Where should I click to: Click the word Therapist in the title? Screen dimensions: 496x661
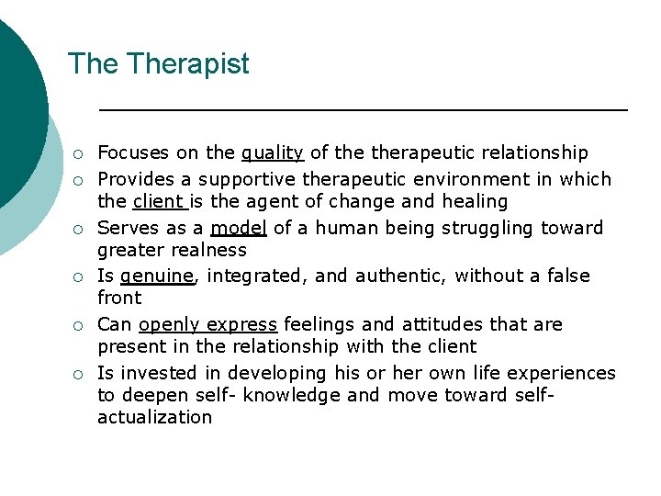[x=188, y=64]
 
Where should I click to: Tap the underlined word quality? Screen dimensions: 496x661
[x=272, y=153]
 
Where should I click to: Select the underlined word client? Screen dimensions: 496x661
[x=160, y=202]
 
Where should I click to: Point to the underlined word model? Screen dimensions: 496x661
[x=239, y=228]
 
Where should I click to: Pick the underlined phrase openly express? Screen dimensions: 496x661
[x=208, y=325]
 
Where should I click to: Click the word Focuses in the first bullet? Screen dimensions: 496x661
[x=130, y=153]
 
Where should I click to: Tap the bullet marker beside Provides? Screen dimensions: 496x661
[x=81, y=180]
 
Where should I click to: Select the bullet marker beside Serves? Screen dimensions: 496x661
[x=81, y=229]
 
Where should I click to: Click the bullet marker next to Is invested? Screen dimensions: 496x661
[x=81, y=374]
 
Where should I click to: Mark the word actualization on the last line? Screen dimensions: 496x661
[x=154, y=418]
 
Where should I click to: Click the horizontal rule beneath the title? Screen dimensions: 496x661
[x=363, y=110]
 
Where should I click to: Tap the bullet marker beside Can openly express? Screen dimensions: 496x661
[x=81, y=325]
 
